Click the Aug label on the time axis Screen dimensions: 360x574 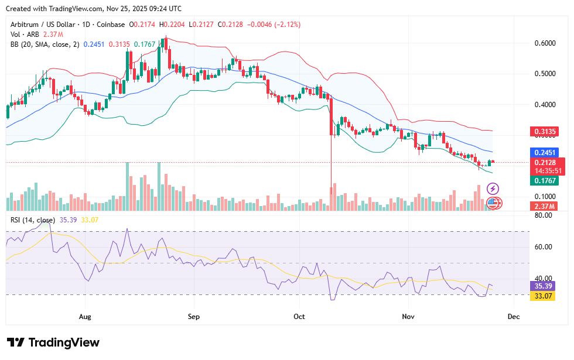pyautogui.click(x=85, y=316)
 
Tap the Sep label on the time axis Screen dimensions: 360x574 pyautogui.click(x=194, y=316)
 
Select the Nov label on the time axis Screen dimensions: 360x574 pyautogui.click(x=408, y=316)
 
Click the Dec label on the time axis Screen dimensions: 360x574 pyautogui.click(x=514, y=316)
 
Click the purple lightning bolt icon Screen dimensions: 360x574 pyautogui.click(x=493, y=188)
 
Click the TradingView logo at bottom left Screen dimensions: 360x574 pyautogui.click(x=53, y=342)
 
